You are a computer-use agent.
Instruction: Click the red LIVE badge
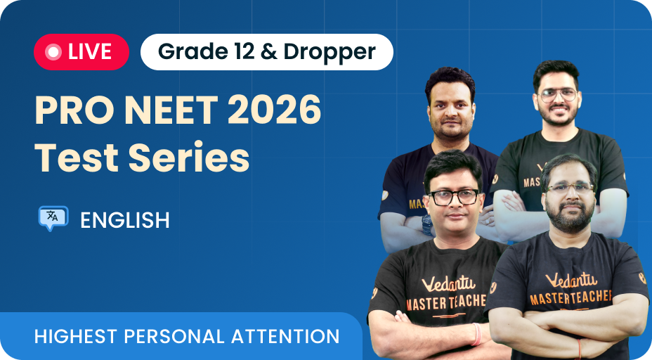(81, 51)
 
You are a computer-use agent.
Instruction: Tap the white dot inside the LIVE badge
(52, 51)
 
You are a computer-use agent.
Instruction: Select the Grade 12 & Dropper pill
(266, 51)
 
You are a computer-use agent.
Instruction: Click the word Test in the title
(76, 157)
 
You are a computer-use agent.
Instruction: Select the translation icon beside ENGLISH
(53, 219)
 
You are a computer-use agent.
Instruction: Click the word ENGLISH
(125, 220)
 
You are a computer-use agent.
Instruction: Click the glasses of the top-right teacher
(557, 95)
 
